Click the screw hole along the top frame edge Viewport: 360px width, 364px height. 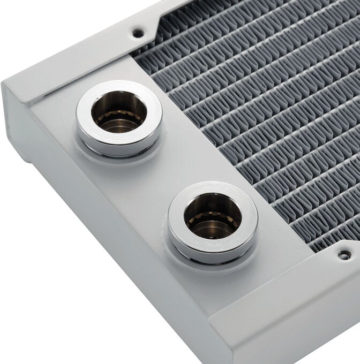tap(138, 33)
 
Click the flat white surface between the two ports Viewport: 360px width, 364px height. tap(155, 171)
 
